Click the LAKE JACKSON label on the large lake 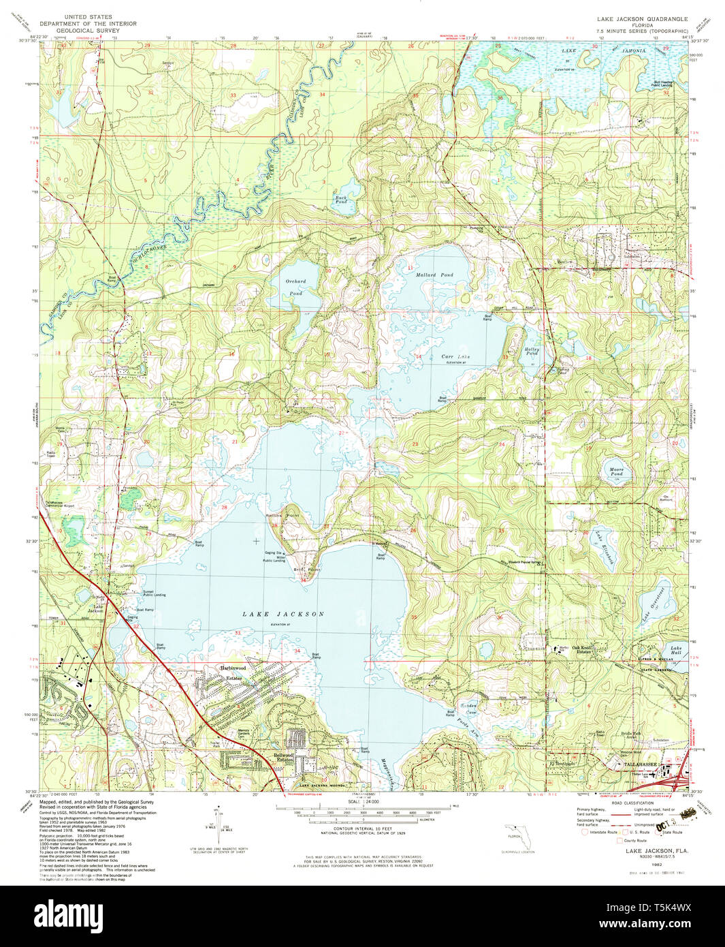[x=283, y=614]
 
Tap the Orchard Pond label [x=295, y=287]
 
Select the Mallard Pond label [x=434, y=275]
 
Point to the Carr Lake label [x=455, y=356]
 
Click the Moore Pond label [x=616, y=471]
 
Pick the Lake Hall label [x=675, y=650]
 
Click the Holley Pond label [x=532, y=352]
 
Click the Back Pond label [x=341, y=200]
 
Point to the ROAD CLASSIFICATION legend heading [x=634, y=803]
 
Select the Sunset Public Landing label [x=154, y=593]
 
